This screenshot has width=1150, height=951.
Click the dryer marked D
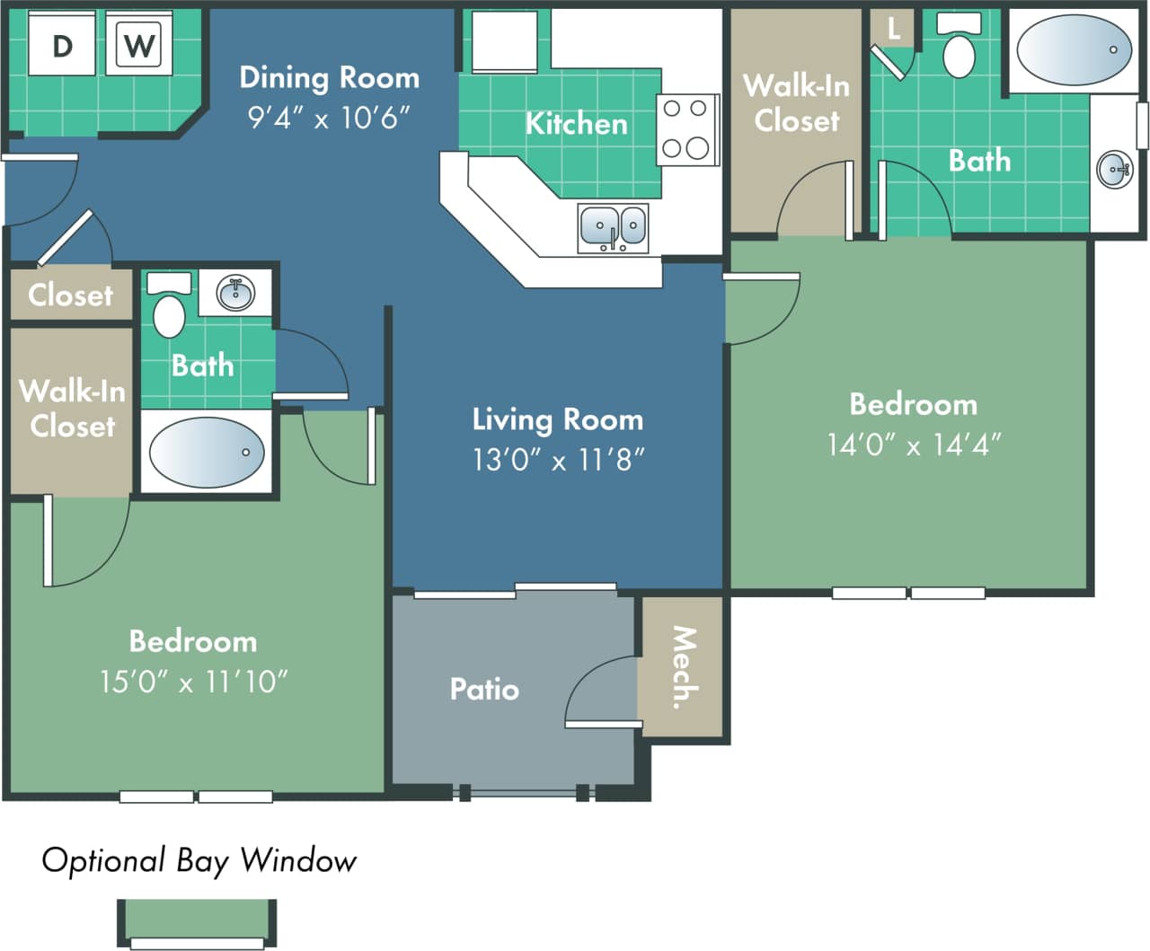[x=62, y=44]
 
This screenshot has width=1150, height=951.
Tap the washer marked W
[x=138, y=44]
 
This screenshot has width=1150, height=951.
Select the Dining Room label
[x=329, y=78]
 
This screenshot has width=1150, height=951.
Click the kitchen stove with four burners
[x=686, y=129]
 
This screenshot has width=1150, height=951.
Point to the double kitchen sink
[x=613, y=227]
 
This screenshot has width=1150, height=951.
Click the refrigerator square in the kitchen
[x=505, y=41]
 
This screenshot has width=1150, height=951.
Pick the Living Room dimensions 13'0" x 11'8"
[x=558, y=460]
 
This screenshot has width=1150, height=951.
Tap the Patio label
[x=484, y=689]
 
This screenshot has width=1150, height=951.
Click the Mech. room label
[x=684, y=667]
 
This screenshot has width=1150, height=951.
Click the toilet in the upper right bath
[x=959, y=49]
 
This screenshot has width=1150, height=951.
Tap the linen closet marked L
[x=893, y=29]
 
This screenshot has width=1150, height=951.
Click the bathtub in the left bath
[x=207, y=453]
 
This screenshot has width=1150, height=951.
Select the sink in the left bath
[x=235, y=293]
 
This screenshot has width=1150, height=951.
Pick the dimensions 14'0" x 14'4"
[x=914, y=445]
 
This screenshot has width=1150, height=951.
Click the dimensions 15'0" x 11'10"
[x=193, y=682]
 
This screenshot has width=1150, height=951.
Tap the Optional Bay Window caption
[x=199, y=860]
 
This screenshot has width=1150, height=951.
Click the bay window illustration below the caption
[x=197, y=922]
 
